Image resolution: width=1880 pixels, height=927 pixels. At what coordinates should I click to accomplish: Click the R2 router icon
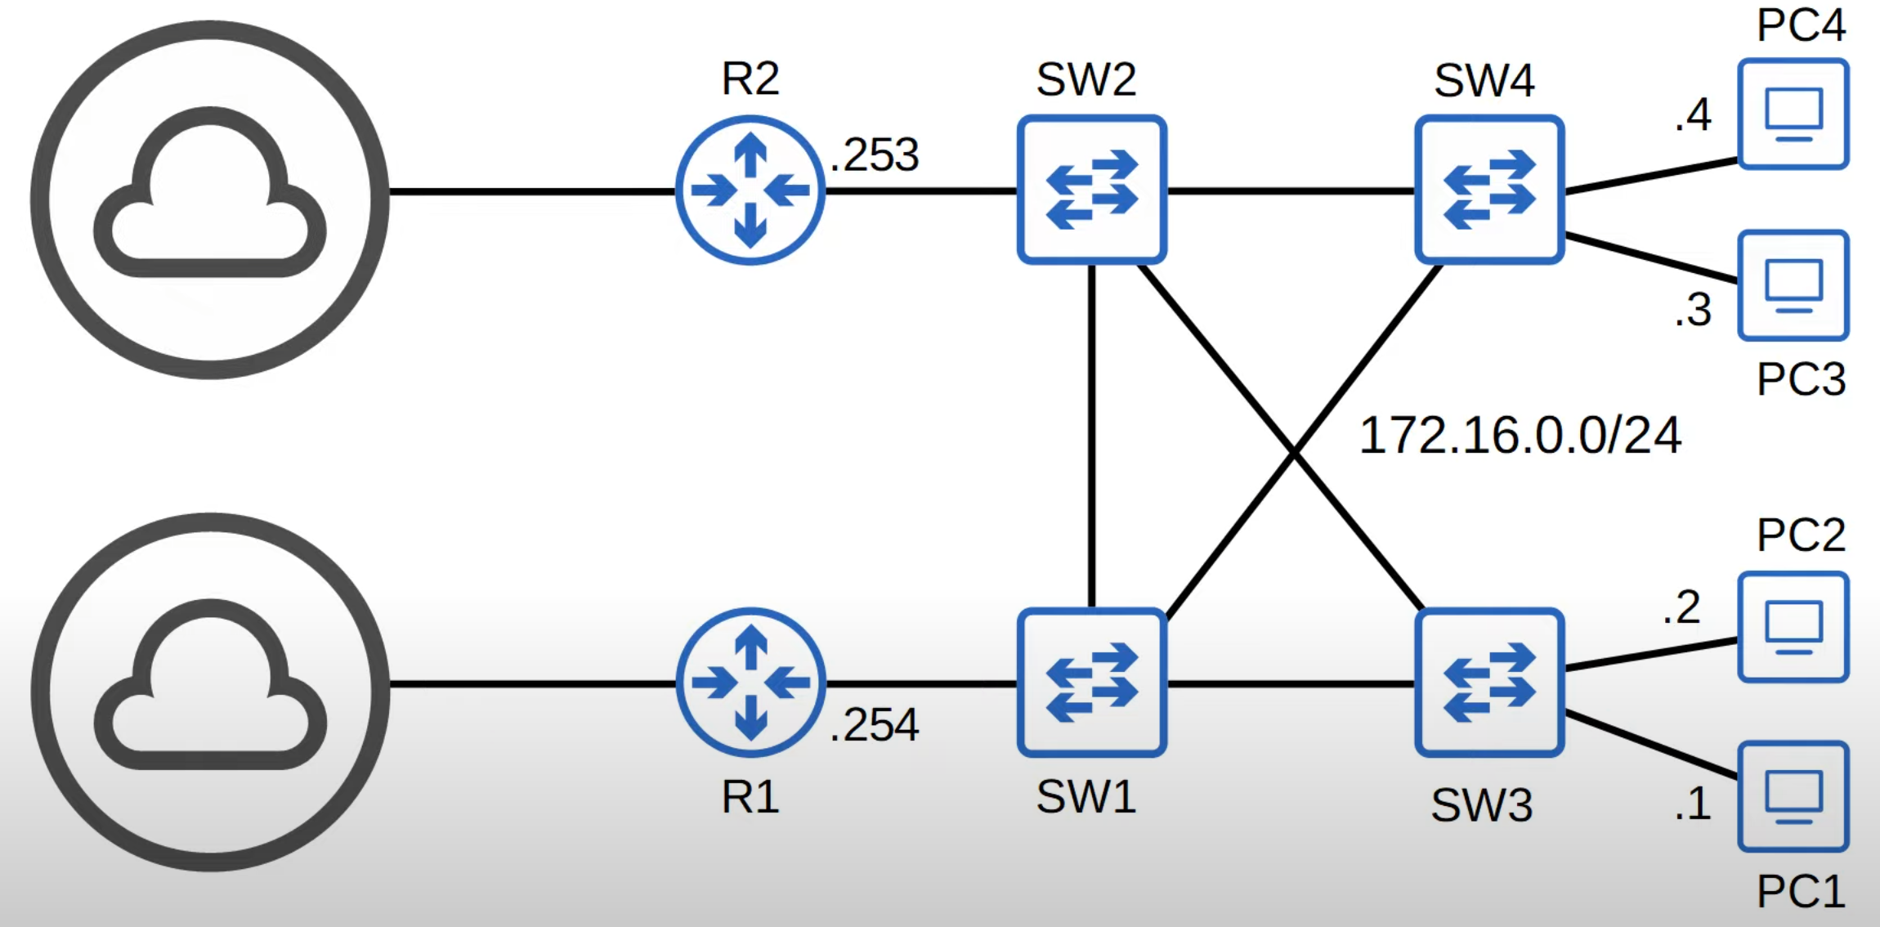750,190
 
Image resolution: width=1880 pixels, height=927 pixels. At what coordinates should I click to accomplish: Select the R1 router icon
750,682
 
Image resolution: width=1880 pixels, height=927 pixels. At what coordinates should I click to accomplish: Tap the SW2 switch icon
1091,190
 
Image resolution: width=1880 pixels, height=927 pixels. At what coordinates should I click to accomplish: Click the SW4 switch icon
1489,190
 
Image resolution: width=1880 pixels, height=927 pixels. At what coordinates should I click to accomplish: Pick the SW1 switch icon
1091,682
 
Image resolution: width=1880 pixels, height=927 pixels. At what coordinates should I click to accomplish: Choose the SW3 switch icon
1489,682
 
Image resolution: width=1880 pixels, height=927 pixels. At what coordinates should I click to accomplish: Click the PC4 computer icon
1793,114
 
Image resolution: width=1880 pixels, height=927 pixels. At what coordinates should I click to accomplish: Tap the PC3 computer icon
1793,285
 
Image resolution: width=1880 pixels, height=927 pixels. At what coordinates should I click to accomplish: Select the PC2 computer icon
1793,627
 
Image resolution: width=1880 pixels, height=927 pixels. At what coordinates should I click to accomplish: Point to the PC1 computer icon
1793,796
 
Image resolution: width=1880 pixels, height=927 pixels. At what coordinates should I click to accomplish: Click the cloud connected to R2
209,199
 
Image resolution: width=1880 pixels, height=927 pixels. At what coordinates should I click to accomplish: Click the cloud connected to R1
209,692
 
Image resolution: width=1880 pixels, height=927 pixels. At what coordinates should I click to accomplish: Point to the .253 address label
875,154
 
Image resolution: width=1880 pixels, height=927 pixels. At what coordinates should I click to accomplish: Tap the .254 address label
875,725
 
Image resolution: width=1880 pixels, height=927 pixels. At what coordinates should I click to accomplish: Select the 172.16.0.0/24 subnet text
1520,435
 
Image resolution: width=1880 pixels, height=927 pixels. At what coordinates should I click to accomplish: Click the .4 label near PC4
1693,115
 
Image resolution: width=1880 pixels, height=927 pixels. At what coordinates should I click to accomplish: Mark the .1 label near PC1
1693,804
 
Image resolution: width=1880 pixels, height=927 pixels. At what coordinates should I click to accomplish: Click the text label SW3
1481,805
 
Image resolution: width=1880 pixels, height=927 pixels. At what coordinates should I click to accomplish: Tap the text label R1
750,797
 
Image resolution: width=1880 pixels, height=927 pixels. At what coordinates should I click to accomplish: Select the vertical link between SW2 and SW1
1091,433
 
